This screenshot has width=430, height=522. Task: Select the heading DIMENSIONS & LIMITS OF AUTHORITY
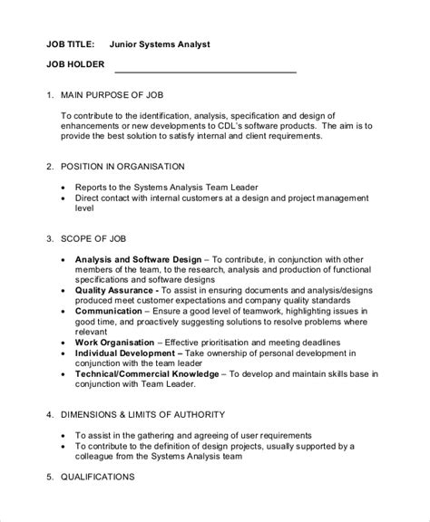pos(155,414)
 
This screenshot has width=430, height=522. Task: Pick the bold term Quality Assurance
pos(118,293)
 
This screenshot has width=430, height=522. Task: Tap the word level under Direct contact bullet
pos(85,209)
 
